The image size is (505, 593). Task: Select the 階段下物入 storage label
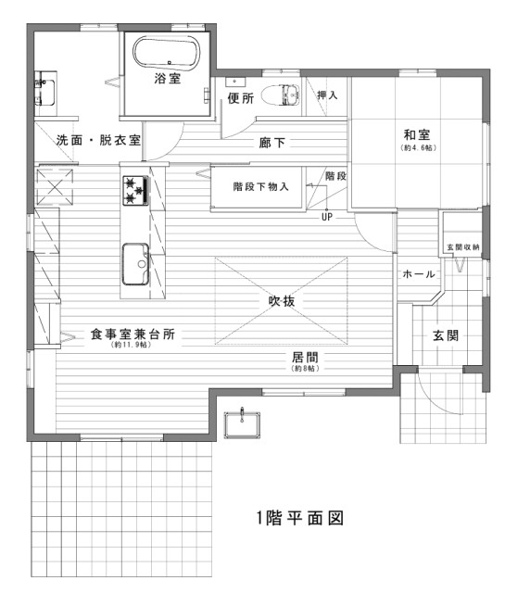tap(260, 186)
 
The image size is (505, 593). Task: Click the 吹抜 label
tap(282, 300)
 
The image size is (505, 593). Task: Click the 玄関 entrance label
tap(445, 335)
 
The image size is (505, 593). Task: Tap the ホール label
tap(418, 274)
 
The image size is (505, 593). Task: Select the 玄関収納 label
tap(462, 247)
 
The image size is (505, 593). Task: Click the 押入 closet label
tap(327, 95)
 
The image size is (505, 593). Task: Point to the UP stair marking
tap(326, 218)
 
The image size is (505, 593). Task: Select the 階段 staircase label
tap(335, 175)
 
